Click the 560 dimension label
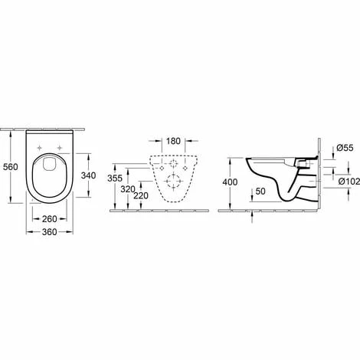pyautogui.click(x=11, y=167)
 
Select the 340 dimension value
pyautogui.click(x=88, y=175)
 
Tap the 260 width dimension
pyautogui.click(x=50, y=219)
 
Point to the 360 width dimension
pyautogui.click(x=50, y=232)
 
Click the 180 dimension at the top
pyautogui.click(x=173, y=141)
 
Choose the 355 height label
pyautogui.click(x=115, y=178)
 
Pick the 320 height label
pyautogui.click(x=128, y=189)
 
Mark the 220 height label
pyautogui.click(x=141, y=195)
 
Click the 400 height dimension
pyautogui.click(x=230, y=182)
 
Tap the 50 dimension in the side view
pyautogui.click(x=260, y=191)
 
